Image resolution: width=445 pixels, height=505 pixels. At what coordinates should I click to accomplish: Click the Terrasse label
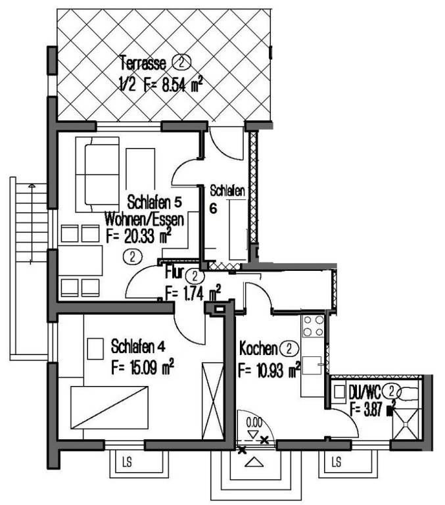coord(143,63)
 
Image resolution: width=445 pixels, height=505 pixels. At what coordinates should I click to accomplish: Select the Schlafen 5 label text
coord(154,203)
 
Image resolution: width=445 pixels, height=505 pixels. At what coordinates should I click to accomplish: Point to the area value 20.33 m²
coord(147,237)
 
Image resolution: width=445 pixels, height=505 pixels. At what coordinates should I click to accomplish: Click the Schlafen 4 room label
coord(138,347)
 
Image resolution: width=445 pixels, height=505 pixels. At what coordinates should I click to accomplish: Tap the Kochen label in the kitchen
coord(258,349)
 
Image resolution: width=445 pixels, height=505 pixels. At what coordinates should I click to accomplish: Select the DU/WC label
coord(365,392)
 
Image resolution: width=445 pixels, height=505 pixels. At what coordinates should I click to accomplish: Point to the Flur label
coord(174,272)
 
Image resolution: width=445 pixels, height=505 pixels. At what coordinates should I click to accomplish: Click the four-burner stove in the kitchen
coord(313,325)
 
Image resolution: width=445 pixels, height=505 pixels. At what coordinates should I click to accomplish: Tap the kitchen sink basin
coord(312,366)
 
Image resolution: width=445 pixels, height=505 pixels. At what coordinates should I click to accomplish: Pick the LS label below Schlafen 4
coord(127,463)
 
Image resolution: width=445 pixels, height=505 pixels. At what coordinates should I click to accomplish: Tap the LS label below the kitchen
coord(336,462)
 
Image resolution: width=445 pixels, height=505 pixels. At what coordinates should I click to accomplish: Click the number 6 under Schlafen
coord(213,208)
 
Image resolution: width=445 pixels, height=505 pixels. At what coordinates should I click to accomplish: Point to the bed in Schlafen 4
coord(110,408)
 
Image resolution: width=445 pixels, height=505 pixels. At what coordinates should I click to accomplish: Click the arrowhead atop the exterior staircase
coord(32,186)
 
